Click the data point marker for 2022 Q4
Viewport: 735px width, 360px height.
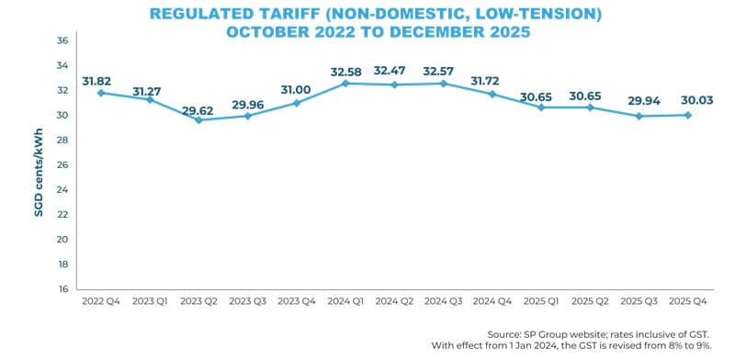99,93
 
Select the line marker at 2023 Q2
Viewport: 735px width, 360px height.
198,120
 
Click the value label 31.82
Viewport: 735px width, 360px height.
99,79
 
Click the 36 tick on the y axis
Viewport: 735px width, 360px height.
62,41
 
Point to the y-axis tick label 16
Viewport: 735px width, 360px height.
62,289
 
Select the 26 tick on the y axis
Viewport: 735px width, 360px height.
62,165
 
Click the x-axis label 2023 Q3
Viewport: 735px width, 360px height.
247,301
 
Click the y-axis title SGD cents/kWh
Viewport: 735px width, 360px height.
39,164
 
